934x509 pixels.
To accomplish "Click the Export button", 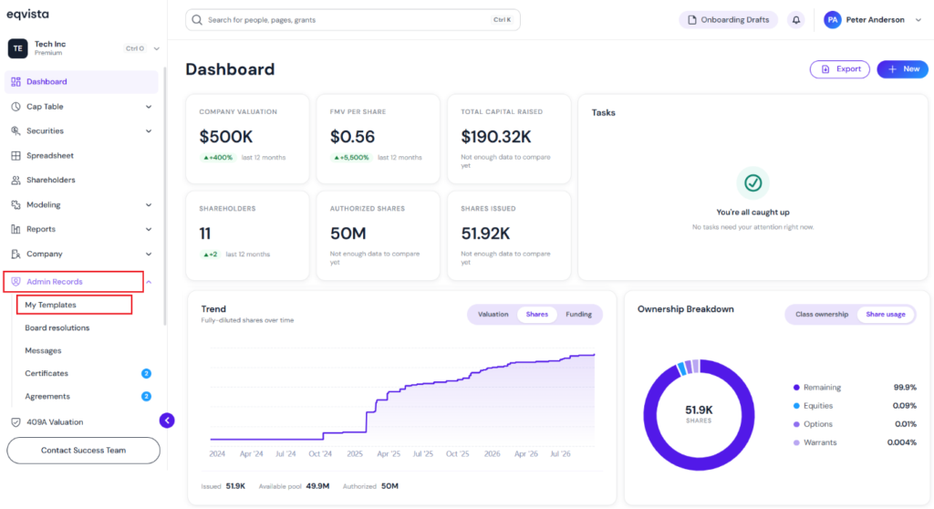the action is (x=839, y=69).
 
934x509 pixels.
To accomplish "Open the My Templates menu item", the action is (x=51, y=305).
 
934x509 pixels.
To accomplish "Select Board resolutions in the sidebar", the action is (x=57, y=327).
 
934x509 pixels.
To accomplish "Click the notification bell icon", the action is (x=795, y=20).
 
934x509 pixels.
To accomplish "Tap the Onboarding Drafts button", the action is (x=729, y=20).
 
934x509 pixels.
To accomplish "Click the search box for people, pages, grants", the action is (x=353, y=20).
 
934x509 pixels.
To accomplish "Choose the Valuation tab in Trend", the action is (x=493, y=314).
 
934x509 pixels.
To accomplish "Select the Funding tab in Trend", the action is (x=578, y=314).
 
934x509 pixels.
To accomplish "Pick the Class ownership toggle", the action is (x=822, y=314).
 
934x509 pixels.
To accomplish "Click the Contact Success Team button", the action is (x=83, y=450).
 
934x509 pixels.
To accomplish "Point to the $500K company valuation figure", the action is (x=226, y=137).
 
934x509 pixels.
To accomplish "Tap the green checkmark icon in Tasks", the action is (x=752, y=183).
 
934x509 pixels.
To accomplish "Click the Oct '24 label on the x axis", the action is (x=320, y=453).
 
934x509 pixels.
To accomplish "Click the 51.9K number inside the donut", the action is (x=699, y=410).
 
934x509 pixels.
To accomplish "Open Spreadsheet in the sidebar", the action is (x=50, y=156).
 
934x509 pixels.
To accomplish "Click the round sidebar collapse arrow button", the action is (x=167, y=421).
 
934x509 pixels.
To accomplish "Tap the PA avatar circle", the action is (x=832, y=20).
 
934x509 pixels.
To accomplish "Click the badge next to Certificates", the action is (x=146, y=374).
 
